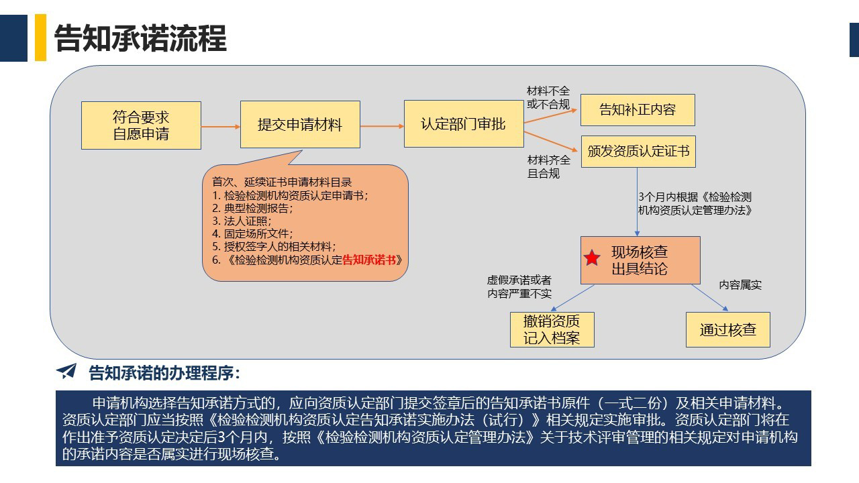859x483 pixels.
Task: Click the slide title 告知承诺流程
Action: (140, 38)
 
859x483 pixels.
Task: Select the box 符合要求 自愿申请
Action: (141, 125)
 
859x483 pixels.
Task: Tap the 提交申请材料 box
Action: (300, 125)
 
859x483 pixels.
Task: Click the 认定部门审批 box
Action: (464, 124)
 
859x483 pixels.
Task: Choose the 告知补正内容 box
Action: (638, 110)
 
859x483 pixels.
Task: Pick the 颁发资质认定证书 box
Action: (638, 152)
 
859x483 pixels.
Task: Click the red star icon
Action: (592, 258)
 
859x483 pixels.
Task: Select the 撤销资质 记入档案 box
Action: (552, 329)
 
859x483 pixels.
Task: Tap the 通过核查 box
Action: (728, 329)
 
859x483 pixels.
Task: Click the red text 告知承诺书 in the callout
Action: (368, 260)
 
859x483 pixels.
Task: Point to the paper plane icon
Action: (66, 372)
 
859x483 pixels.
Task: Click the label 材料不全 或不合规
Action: (548, 98)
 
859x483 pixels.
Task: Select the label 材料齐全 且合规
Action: (548, 167)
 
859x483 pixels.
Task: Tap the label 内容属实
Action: (740, 285)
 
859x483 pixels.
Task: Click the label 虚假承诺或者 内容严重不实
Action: (519, 286)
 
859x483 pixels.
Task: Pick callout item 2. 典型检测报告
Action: (252, 208)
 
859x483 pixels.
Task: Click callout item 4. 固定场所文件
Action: (252, 233)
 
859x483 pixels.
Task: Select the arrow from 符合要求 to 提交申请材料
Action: (221, 127)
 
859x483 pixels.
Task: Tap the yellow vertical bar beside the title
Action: (40, 38)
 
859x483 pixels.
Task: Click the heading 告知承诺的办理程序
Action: (164, 373)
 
